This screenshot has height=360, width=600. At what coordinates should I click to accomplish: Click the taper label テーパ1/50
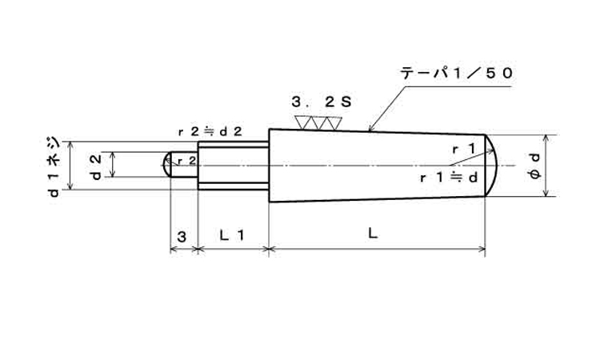457,72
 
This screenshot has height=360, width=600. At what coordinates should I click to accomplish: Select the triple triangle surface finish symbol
318,123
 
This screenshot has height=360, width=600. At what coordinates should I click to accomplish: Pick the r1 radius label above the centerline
464,148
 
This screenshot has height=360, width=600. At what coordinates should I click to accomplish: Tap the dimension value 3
182,236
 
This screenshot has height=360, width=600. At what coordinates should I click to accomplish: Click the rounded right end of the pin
493,165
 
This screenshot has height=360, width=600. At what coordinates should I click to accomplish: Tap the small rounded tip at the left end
167,166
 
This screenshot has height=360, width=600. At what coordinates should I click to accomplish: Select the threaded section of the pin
232,166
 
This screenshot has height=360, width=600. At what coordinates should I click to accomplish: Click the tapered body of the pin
376,165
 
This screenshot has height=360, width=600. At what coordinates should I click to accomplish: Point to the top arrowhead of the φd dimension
546,136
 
